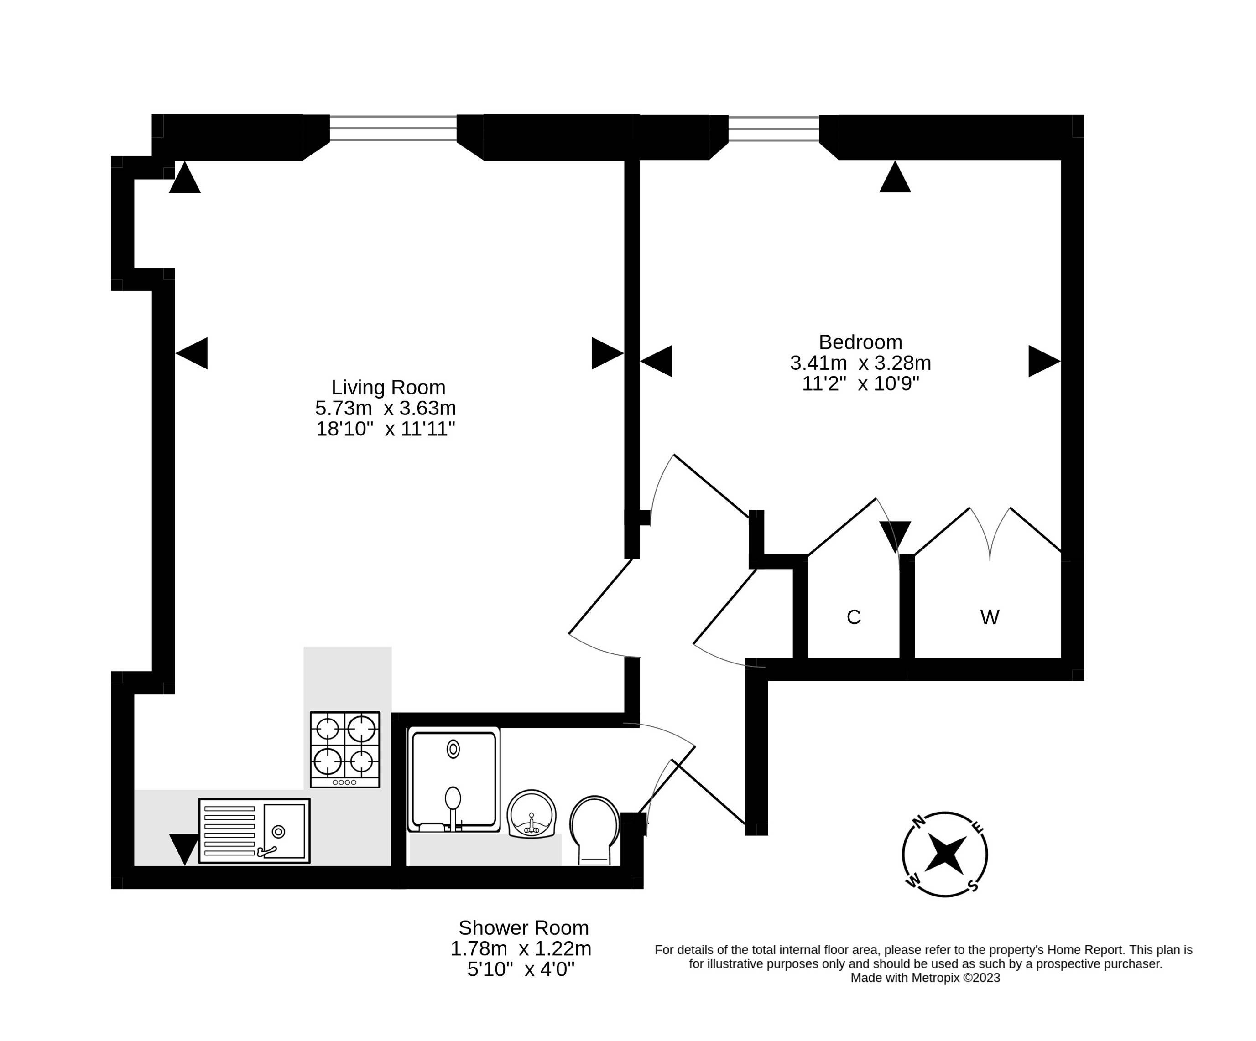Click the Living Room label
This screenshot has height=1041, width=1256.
388,388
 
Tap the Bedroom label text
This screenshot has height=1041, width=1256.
860,342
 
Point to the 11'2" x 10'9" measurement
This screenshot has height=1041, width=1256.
860,384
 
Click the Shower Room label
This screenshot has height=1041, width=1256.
523,927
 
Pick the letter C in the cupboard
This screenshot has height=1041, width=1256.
854,617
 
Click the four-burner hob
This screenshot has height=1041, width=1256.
345,749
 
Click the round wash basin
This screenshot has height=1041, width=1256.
531,813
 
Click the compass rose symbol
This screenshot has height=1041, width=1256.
944,854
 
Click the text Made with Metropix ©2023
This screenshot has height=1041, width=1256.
925,978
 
